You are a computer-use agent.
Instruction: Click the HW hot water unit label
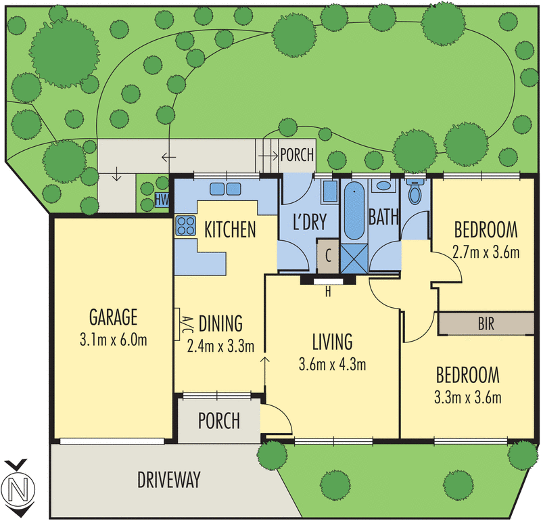[x=162, y=200]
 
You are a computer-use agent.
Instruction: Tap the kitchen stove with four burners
[x=185, y=225]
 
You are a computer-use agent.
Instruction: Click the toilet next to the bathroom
[x=415, y=192]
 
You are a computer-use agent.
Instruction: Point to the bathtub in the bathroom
[x=354, y=211]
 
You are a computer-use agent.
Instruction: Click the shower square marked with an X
[x=354, y=258]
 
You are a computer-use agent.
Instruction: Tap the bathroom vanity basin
[x=383, y=186]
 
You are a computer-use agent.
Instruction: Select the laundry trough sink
[x=329, y=191]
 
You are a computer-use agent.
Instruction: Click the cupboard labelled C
[x=328, y=256]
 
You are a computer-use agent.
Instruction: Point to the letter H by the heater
[x=328, y=292]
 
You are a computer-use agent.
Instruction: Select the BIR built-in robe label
[x=486, y=324]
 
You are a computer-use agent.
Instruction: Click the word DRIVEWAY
[x=168, y=480]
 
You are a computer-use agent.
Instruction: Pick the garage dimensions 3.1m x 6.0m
[x=113, y=340]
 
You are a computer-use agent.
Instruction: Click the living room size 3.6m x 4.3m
[x=332, y=365]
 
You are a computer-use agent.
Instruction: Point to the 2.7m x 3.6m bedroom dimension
[x=486, y=253]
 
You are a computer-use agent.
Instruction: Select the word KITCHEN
[x=230, y=229]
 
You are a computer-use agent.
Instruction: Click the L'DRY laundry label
[x=310, y=222]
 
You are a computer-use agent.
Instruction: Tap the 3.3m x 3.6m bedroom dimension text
[x=468, y=398]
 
